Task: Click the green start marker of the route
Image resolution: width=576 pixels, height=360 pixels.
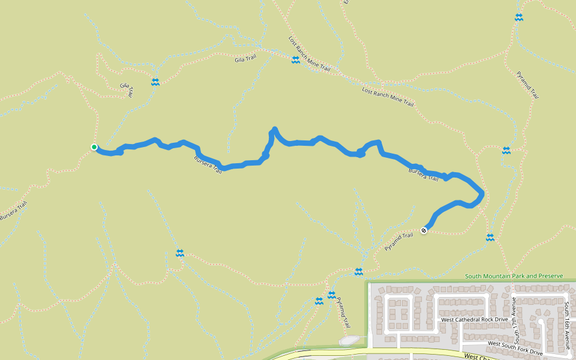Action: (x=94, y=147)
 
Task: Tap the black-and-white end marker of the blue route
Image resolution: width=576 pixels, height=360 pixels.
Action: (x=424, y=230)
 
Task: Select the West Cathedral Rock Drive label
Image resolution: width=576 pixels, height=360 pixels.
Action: (x=474, y=320)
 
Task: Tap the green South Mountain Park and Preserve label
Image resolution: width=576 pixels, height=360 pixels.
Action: (x=514, y=276)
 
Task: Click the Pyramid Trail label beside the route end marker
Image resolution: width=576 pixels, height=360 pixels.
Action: (x=399, y=242)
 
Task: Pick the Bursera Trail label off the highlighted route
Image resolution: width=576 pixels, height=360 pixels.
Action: (x=14, y=210)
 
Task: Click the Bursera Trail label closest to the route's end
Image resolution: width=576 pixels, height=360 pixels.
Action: (x=424, y=175)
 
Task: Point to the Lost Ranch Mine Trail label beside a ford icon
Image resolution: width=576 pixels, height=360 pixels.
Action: (x=309, y=54)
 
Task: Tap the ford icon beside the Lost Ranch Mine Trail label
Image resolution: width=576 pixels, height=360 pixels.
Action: (x=296, y=60)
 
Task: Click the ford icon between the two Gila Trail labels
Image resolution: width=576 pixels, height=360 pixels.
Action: (x=155, y=82)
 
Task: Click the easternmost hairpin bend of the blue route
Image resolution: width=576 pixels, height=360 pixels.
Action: (x=482, y=194)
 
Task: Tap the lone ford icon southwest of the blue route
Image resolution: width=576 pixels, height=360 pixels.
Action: (x=179, y=253)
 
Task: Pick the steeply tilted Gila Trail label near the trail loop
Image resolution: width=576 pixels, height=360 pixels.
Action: (x=126, y=90)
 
